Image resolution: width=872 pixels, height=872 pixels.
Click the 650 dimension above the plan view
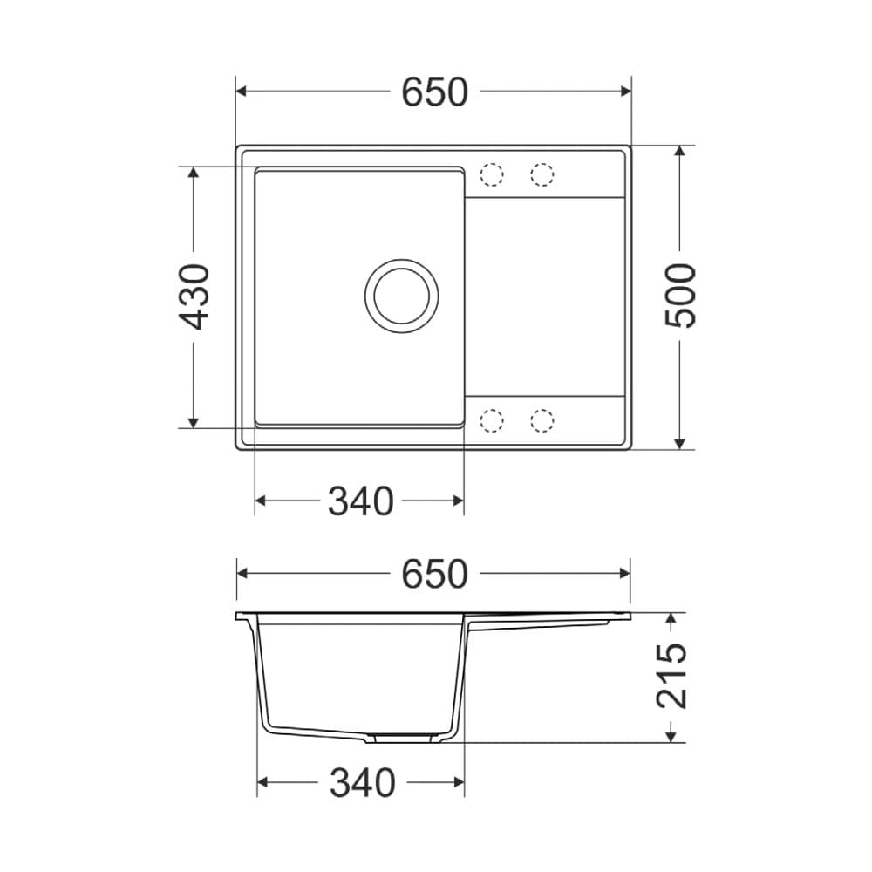tap(434, 92)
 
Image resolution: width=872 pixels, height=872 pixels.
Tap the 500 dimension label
tap(681, 296)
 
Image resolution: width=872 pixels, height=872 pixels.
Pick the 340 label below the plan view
tap(360, 501)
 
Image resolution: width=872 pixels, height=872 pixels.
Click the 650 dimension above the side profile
tap(434, 573)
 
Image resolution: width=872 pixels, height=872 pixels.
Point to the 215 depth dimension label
tap(671, 676)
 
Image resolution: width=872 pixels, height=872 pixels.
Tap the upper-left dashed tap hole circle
tap(493, 174)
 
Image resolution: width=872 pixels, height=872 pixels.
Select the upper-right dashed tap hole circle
tap(542, 174)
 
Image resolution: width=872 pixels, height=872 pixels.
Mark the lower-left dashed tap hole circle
tap(493, 420)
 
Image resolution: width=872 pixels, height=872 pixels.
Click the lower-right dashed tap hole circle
tap(542, 420)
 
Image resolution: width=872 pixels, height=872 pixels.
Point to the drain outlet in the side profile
tap(401, 738)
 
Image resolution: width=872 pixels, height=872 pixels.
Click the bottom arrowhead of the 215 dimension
tap(671, 736)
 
